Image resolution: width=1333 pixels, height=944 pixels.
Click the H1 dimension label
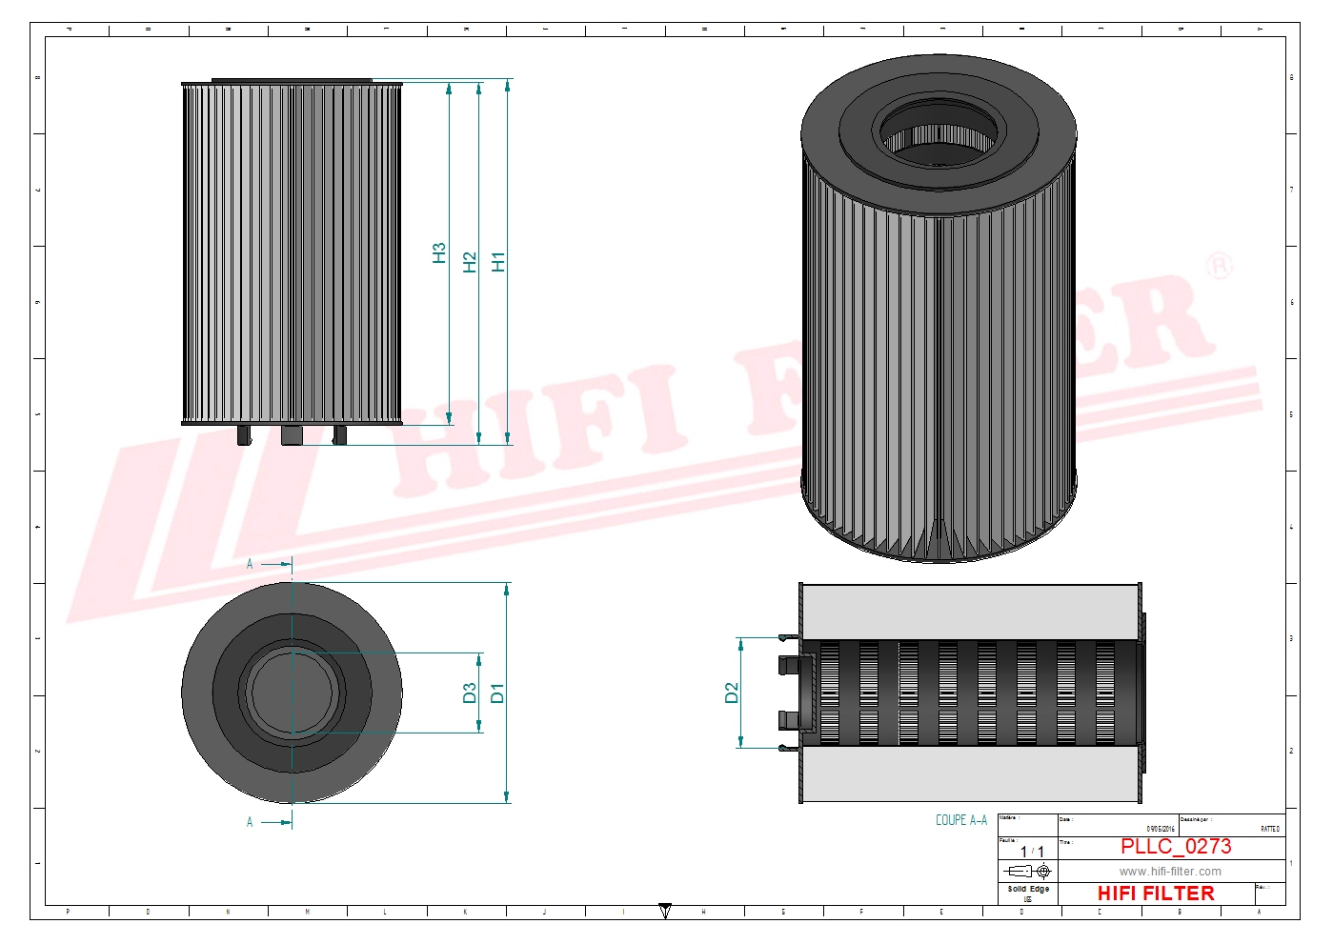(498, 262)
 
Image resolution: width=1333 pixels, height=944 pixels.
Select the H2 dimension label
(469, 262)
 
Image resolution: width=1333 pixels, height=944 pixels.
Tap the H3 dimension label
(439, 253)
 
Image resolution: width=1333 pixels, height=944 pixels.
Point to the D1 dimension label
(497, 693)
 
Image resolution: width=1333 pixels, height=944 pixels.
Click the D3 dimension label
(470, 693)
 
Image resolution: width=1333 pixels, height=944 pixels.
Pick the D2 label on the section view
(732, 693)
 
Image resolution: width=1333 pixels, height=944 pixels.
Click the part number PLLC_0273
(1175, 847)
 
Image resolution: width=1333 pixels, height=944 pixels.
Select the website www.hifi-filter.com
(1170, 872)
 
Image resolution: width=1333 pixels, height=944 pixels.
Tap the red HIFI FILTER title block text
(1156, 894)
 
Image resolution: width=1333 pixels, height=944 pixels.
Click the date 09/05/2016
(1161, 830)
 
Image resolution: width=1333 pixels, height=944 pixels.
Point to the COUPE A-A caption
(960, 820)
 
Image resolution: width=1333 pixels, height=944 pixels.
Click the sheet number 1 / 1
(1032, 852)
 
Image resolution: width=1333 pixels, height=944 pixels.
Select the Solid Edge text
(1028, 889)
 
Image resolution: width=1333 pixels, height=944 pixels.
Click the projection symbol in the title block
(1029, 871)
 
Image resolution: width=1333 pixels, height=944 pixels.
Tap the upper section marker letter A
(251, 564)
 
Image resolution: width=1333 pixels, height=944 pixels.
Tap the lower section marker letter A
(251, 822)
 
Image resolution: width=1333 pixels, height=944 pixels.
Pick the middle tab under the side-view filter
(292, 435)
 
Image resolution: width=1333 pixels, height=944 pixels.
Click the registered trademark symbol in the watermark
(1219, 267)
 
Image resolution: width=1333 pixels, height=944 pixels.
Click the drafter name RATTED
(1270, 830)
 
